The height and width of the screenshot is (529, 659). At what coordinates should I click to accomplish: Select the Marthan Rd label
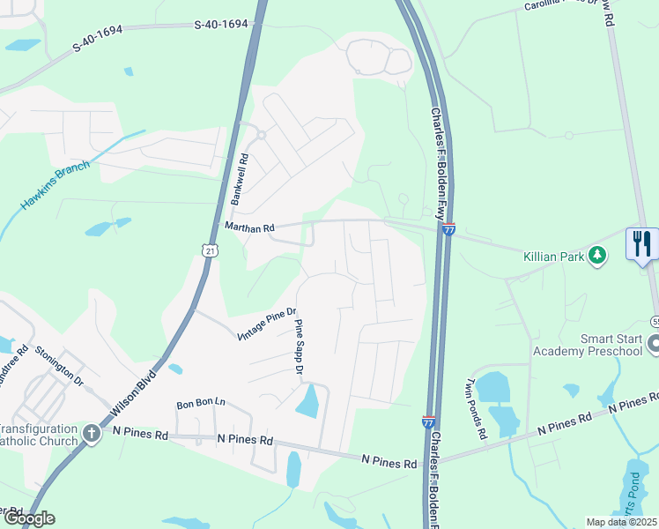250,227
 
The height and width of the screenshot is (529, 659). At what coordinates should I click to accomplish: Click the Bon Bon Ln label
201,403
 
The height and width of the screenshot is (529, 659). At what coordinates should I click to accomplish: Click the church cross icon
93,434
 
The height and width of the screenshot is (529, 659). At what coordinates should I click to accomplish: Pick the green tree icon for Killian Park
598,256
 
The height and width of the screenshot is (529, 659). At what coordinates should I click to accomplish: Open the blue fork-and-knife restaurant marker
642,242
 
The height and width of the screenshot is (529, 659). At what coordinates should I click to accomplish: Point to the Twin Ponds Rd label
474,411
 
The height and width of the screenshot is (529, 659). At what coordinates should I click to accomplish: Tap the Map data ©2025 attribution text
622,522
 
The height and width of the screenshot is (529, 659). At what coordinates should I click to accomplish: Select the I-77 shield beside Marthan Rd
448,230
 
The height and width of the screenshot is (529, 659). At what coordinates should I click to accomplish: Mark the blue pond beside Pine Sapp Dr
307,402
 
